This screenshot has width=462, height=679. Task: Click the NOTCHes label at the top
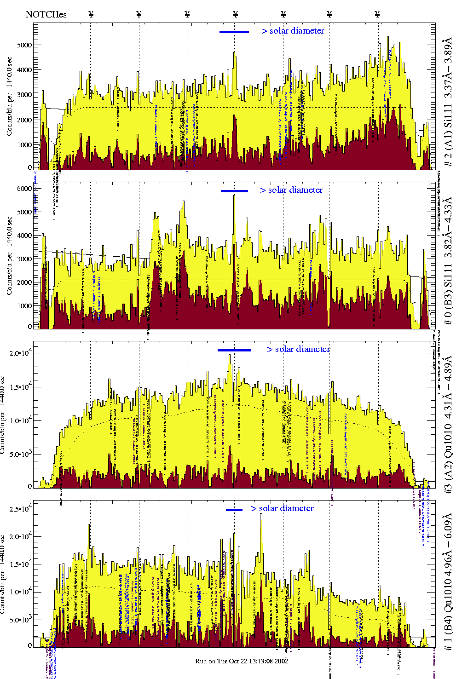(x=46, y=14)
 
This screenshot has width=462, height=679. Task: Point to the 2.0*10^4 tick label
(x=19, y=353)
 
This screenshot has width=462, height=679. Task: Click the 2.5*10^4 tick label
(x=19, y=509)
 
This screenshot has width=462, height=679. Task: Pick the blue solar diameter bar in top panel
(x=234, y=32)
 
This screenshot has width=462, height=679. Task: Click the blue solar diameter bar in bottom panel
(x=234, y=510)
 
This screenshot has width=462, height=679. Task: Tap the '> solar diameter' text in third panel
(x=298, y=349)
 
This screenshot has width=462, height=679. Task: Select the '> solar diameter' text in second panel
(x=291, y=190)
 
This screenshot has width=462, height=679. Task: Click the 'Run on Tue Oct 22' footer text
(x=242, y=661)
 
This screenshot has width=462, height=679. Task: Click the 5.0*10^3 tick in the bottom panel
(x=19, y=620)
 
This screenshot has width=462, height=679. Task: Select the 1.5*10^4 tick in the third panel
(x=19, y=387)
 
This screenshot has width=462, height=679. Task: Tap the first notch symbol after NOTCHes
(x=91, y=14)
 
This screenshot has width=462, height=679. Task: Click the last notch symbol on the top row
(x=377, y=14)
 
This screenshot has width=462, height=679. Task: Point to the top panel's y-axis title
(x=9, y=97)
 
